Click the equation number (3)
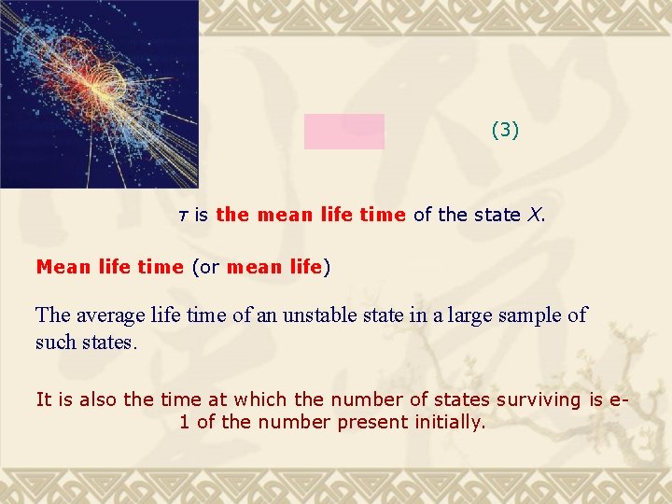505,131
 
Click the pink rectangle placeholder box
343,132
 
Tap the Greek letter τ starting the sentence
183,216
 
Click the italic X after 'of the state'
534,215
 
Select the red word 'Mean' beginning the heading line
62,267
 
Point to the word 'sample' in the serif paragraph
530,315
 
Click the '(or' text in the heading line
205,267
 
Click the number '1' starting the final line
184,422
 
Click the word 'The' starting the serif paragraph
52,315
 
